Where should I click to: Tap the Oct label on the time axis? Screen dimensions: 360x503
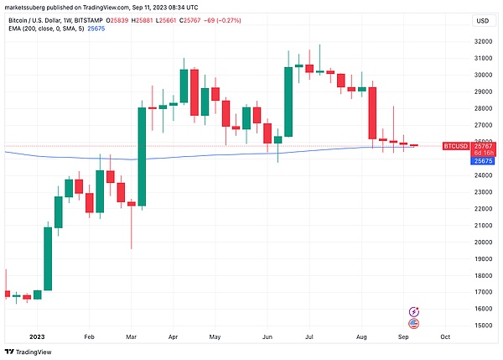[445, 337]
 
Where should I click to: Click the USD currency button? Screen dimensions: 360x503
[482, 21]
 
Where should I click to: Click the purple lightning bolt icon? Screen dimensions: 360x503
[413, 311]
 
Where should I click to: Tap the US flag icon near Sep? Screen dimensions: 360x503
[413, 323]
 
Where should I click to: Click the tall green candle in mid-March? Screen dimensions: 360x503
[142, 155]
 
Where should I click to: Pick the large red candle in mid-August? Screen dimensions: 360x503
[371, 113]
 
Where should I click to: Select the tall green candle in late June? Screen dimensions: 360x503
[288, 102]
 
